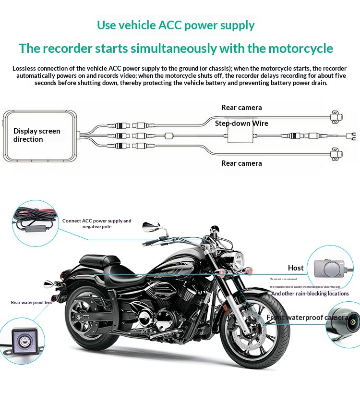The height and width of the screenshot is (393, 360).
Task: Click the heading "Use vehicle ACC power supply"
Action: pyautogui.click(x=176, y=25)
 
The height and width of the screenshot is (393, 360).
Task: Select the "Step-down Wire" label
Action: pyautogui.click(x=241, y=123)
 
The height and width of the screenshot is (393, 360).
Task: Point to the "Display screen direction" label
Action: pyautogui.click(x=37, y=135)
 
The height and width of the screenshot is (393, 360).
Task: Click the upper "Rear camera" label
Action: pyautogui.click(x=241, y=108)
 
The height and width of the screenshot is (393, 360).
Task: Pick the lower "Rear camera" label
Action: pyautogui.click(x=241, y=163)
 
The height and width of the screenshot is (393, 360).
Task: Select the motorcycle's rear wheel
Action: pyautogui.click(x=91, y=317)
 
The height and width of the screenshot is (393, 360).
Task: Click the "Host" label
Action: pyautogui.click(x=296, y=268)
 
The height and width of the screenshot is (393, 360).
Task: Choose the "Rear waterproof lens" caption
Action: pyautogui.click(x=32, y=303)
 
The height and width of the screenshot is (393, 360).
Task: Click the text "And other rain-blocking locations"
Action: pyautogui.click(x=310, y=294)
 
